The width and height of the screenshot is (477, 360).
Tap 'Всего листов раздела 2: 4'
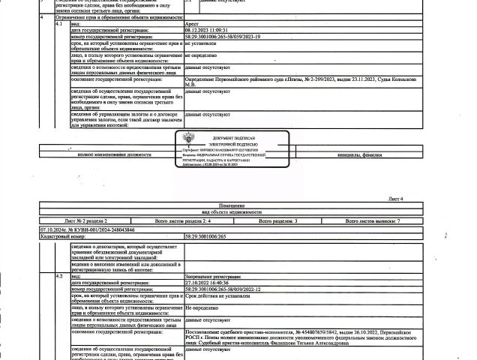point(184,222)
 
